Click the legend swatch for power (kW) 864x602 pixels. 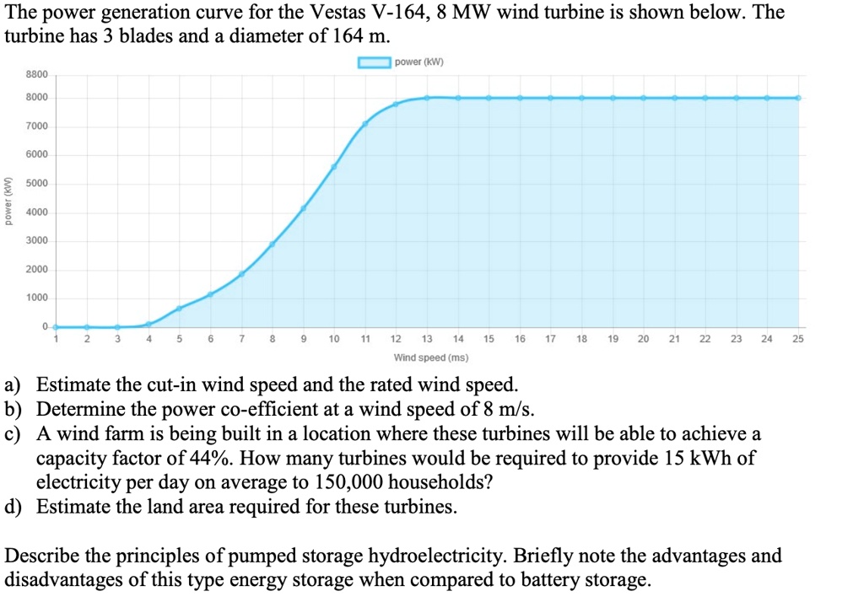[x=374, y=62]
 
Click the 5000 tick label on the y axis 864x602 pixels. [x=37, y=184]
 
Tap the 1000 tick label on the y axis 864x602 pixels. [x=37, y=298]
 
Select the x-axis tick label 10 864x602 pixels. [x=334, y=340]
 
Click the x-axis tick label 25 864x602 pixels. [x=798, y=340]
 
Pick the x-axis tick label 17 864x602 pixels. [x=550, y=340]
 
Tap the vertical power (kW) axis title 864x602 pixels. [x=9, y=201]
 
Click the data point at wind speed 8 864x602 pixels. [x=272, y=245]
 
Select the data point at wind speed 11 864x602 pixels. [x=365, y=124]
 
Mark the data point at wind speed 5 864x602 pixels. [x=179, y=309]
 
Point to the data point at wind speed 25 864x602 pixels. [x=798, y=98]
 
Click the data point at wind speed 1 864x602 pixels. [x=56, y=326]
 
